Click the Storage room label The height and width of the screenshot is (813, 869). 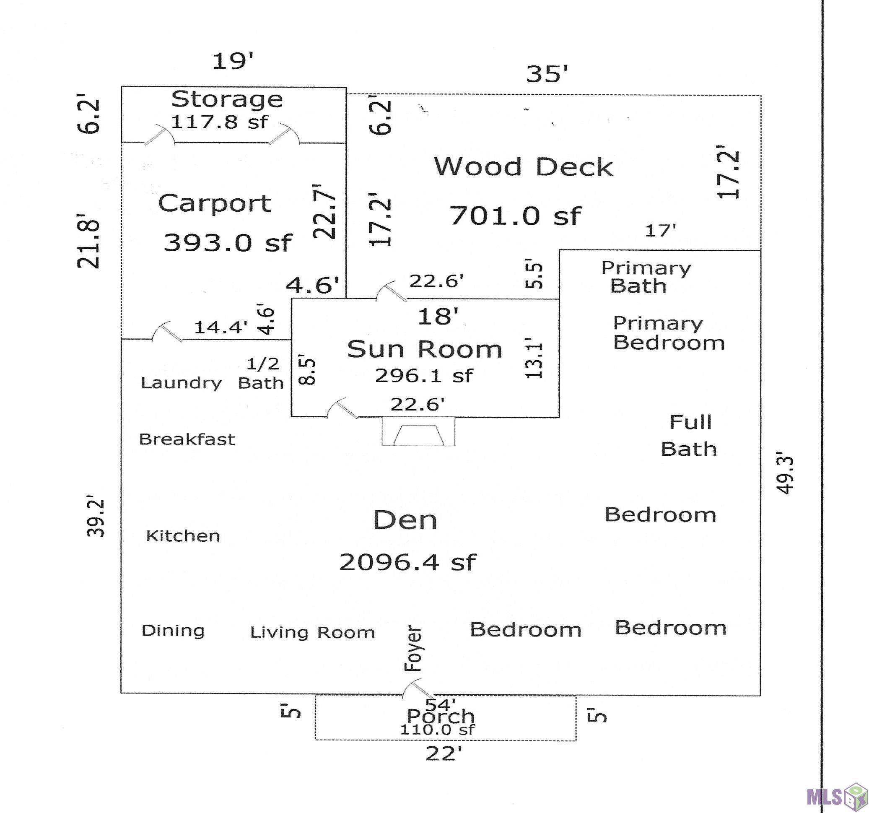pyautogui.click(x=226, y=100)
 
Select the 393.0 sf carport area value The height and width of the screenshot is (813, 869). pyautogui.click(x=227, y=243)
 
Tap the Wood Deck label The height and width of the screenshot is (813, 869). pyautogui.click(x=523, y=167)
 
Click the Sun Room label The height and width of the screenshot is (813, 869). pyautogui.click(x=424, y=349)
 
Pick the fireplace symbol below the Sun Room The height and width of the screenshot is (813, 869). pyautogui.click(x=418, y=431)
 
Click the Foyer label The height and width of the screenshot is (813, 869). pyautogui.click(x=412, y=649)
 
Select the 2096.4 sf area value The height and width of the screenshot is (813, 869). pyautogui.click(x=407, y=562)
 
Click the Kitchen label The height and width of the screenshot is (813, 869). pyautogui.click(x=183, y=536)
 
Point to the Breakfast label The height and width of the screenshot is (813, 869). pyautogui.click(x=187, y=439)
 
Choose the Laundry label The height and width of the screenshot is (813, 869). pyautogui.click(x=182, y=384)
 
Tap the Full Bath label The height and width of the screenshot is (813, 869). pyautogui.click(x=689, y=436)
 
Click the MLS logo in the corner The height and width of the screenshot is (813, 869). pyautogui.click(x=837, y=796)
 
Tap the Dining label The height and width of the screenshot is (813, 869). pyautogui.click(x=173, y=631)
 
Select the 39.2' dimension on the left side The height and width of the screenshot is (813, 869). pyautogui.click(x=96, y=516)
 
